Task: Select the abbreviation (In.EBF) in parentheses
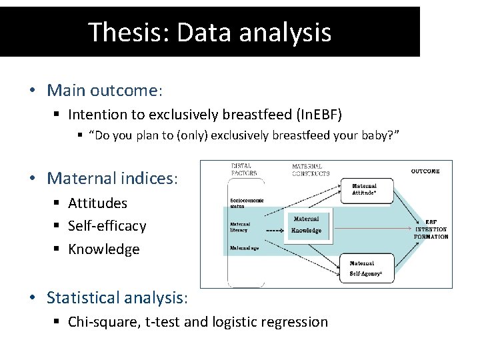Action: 314,115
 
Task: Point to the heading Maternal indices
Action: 112,179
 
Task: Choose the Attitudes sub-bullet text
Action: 97,203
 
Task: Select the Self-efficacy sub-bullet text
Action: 107,226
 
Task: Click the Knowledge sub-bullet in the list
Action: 103,249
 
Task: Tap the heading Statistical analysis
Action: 117,297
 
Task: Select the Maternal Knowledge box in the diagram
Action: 307,225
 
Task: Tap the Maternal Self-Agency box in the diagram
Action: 367,267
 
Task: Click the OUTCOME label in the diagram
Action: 425,171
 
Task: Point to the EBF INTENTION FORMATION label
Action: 431,228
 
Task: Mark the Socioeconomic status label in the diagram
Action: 247,203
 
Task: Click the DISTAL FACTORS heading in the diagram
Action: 244,170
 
